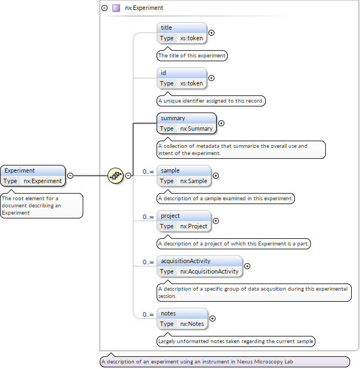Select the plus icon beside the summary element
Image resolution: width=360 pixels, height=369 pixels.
pos(222,123)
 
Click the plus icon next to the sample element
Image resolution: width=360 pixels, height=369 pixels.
pos(216,175)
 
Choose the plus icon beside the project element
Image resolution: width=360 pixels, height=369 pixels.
pos(216,221)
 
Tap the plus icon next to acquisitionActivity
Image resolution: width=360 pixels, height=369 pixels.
pos(247,266)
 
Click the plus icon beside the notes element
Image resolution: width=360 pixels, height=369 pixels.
pos(213,318)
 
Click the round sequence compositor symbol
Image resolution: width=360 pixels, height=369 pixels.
pos(115,175)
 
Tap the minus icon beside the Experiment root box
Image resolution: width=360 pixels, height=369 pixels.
pos(70,175)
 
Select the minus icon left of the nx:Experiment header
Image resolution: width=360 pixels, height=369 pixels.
pos(105,8)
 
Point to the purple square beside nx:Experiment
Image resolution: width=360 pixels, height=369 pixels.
pos(116,8)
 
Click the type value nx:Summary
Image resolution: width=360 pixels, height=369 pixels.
pos(196,129)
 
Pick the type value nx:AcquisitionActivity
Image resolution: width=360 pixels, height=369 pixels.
pos(209,271)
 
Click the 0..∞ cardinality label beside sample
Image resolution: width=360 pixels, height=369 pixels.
pos(148,172)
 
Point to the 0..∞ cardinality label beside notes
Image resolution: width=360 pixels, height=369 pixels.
pos(148,314)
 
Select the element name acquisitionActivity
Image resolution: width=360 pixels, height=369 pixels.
pos(185,261)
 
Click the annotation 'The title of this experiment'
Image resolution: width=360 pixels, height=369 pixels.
pos(192,56)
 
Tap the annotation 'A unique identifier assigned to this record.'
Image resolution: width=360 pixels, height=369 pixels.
pos(212,101)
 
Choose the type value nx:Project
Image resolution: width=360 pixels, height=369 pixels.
pos(194,226)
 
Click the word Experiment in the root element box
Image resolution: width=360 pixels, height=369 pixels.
pos(20,170)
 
